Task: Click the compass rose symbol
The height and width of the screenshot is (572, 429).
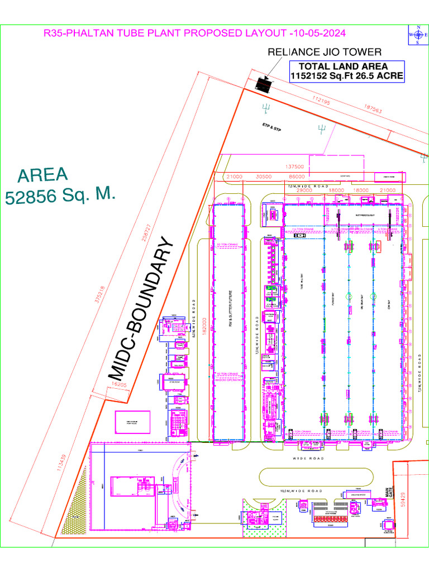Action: pos(417,35)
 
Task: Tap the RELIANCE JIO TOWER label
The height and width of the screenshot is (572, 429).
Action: pos(325,52)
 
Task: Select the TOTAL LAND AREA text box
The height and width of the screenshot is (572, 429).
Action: pos(346,71)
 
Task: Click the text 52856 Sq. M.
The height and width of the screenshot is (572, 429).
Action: pos(60,196)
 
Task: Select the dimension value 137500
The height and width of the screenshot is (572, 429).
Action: pos(294,166)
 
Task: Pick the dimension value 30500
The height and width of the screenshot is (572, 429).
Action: pos(263,177)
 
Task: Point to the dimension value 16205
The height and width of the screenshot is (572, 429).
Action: pos(119,385)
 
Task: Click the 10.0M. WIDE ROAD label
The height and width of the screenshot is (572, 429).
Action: pos(302,490)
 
